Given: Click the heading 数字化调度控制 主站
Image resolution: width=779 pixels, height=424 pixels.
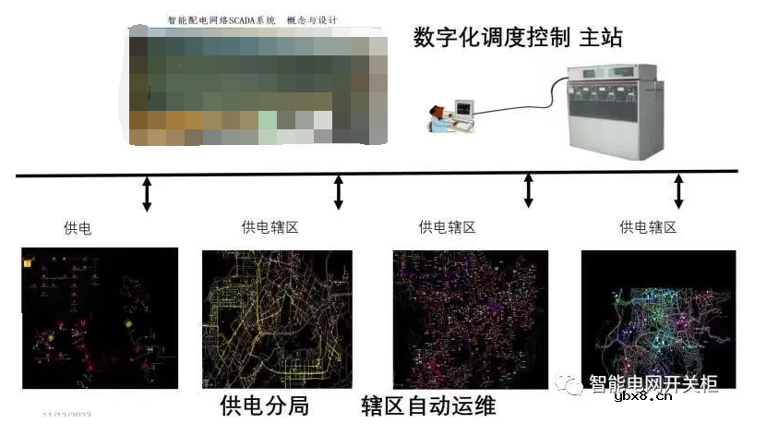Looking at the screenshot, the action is (x=519, y=37).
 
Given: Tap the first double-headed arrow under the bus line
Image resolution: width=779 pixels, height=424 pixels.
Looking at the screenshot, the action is (x=146, y=194).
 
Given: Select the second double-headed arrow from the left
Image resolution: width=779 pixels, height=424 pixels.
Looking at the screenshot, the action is (x=338, y=192).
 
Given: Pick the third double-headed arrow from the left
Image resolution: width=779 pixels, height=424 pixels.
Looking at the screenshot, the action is (x=528, y=190).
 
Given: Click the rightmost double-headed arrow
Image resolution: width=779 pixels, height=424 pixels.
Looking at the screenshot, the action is (x=678, y=191).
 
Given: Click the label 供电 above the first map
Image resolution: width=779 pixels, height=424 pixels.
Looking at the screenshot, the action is (x=78, y=227).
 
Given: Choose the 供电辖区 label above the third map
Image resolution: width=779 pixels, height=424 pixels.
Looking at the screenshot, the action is (x=448, y=227).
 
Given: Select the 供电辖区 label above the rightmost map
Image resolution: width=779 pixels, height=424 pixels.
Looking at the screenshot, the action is (x=648, y=227).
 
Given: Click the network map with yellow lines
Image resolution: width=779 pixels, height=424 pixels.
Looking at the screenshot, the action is (x=277, y=320).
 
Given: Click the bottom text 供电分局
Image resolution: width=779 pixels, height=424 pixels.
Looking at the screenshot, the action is (x=264, y=405).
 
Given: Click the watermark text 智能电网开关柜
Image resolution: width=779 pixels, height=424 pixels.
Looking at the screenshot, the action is (x=653, y=384).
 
